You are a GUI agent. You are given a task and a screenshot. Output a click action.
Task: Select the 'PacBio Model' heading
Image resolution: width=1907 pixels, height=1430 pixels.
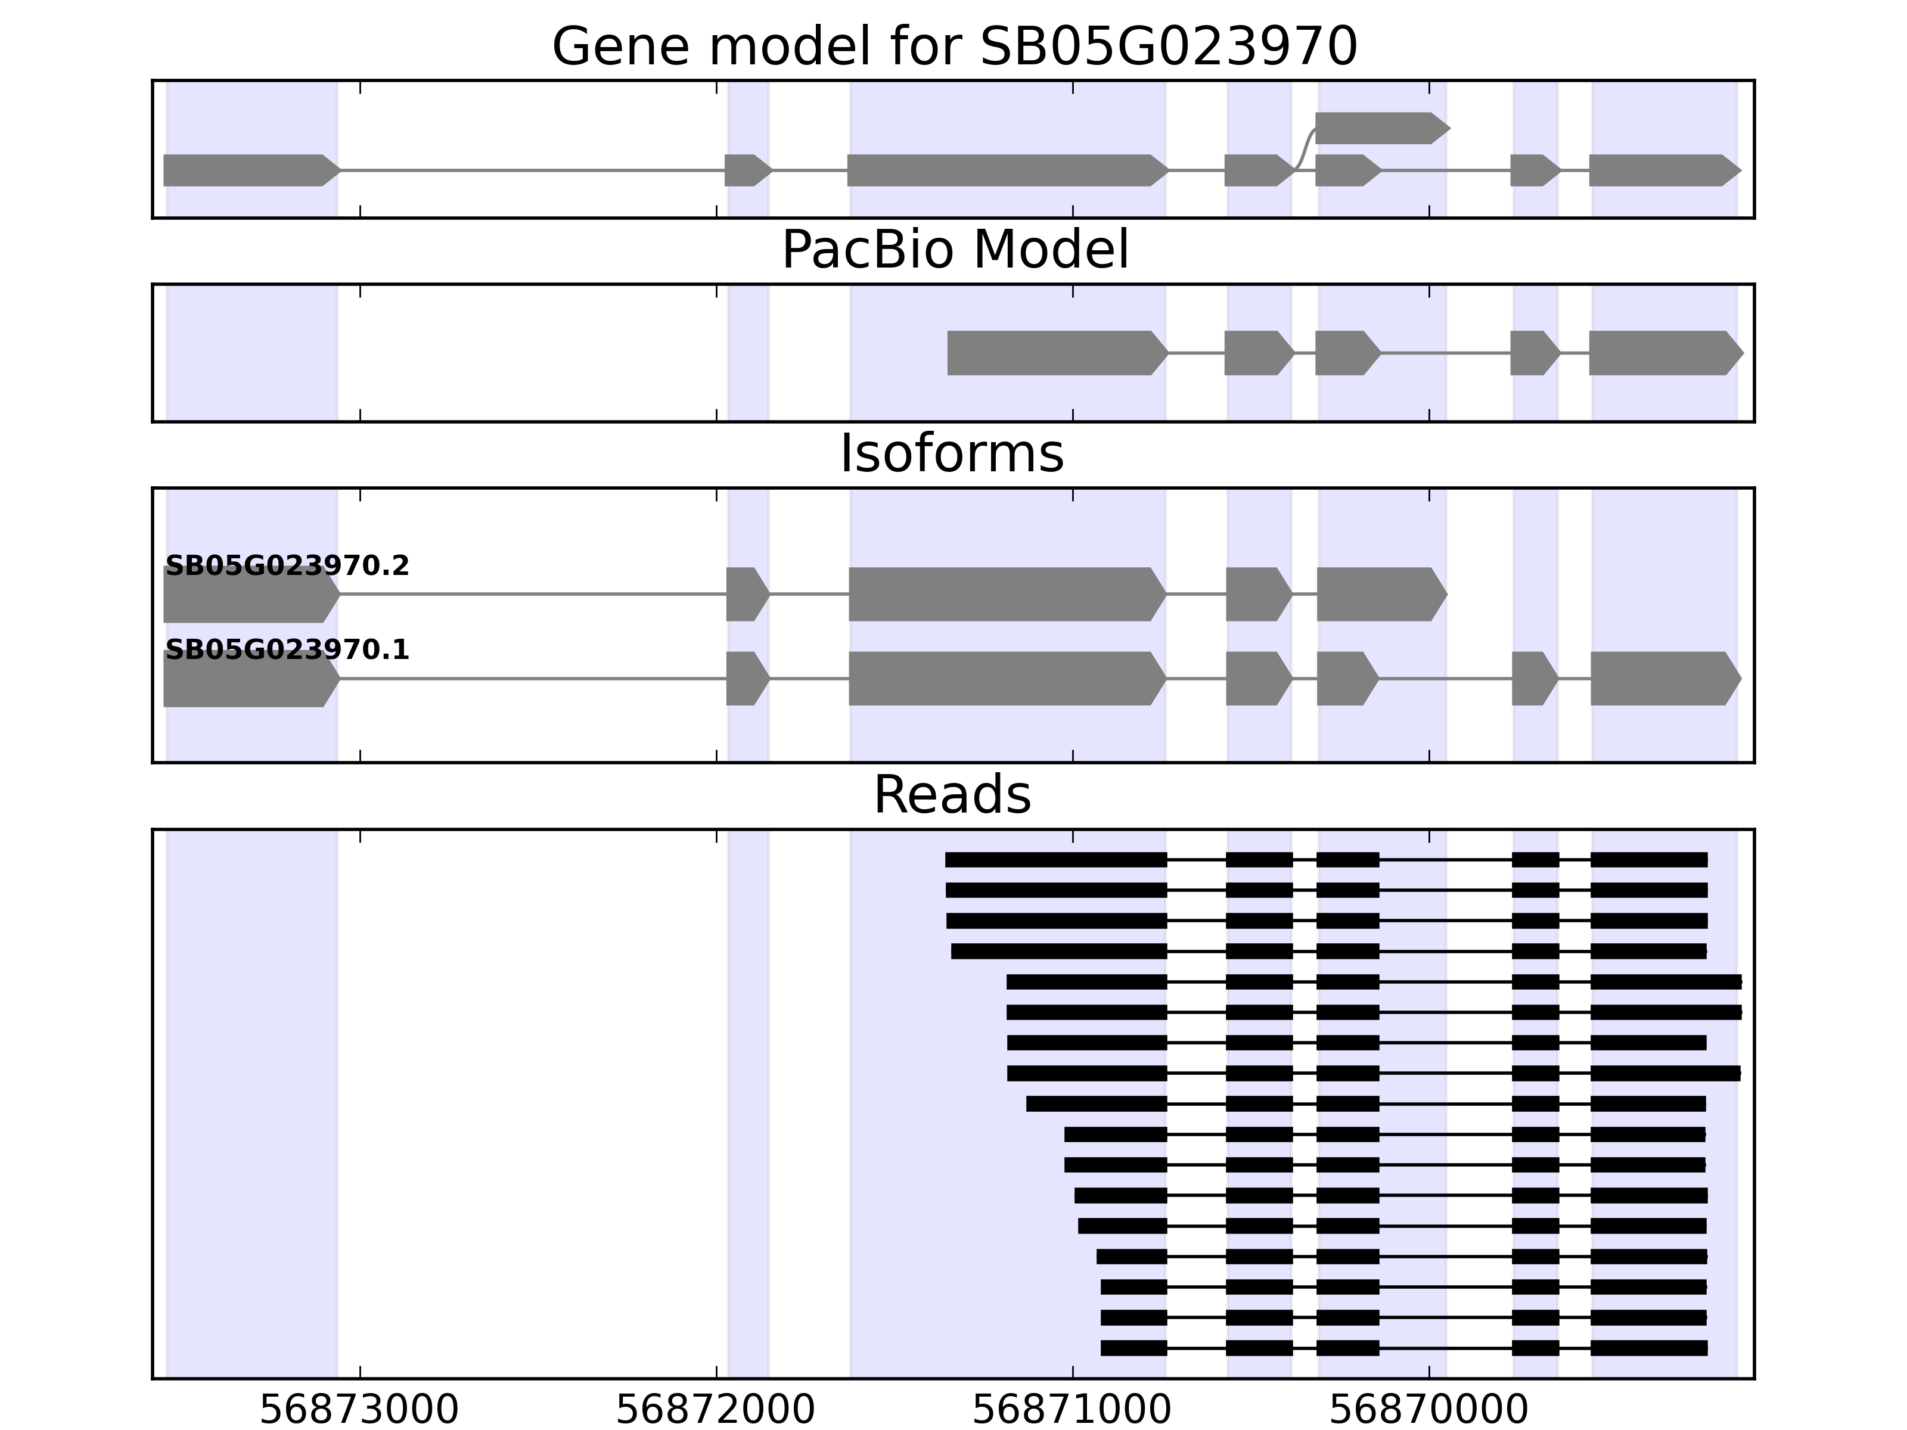(953, 250)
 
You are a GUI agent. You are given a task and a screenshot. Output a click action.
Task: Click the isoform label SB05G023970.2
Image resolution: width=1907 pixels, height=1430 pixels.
(287, 566)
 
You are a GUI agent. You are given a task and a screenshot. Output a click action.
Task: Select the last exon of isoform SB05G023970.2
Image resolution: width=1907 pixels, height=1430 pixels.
(1380, 594)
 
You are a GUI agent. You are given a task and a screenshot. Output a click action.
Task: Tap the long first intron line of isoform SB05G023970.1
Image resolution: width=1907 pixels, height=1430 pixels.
(533, 679)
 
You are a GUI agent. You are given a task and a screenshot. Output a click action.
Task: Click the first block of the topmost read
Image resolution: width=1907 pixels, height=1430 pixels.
(1056, 859)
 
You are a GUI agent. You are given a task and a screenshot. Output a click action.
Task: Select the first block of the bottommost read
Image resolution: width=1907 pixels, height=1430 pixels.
(1133, 1347)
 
